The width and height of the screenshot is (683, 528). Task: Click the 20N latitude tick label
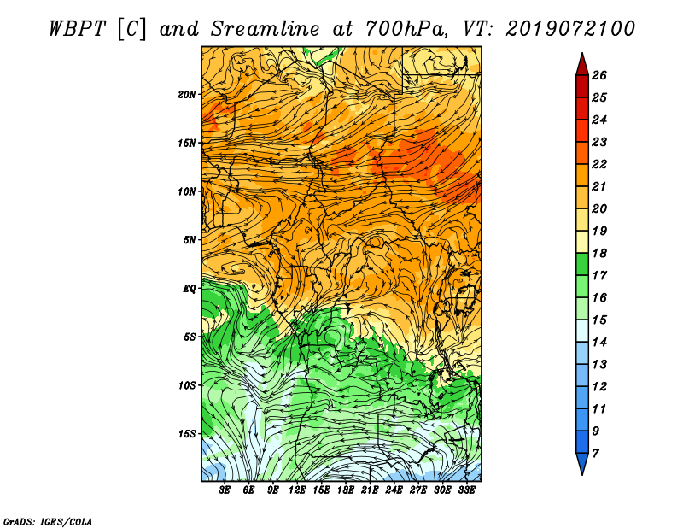tap(187, 95)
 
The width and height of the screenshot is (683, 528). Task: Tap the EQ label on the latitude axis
tap(189, 289)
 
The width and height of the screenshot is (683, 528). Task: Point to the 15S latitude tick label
tap(187, 434)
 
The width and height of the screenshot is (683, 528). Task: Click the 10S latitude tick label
tap(187, 385)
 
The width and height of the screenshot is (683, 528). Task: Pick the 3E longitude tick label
tap(225, 490)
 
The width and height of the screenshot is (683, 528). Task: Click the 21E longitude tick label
tap(370, 490)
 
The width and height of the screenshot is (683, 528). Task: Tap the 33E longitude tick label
tap(466, 490)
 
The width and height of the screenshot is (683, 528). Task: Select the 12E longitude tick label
tap(296, 490)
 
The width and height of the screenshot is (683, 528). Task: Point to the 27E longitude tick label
tap(417, 490)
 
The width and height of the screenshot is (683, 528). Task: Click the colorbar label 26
tap(599, 75)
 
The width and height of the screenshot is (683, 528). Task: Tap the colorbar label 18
tap(599, 253)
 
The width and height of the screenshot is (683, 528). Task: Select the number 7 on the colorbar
tap(595, 454)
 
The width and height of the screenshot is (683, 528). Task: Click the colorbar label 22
tap(599, 164)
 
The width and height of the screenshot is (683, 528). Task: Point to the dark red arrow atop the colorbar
tap(582, 64)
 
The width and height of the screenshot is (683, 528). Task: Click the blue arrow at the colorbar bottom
tap(582, 464)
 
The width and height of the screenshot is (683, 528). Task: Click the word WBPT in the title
tap(77, 29)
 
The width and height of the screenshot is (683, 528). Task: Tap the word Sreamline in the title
tap(266, 29)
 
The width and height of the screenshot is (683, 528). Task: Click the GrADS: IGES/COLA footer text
tap(48, 522)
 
